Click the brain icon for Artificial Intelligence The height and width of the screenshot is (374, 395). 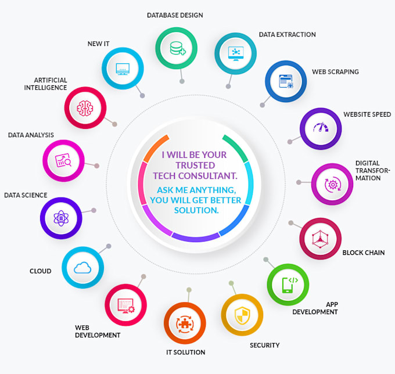[x=85, y=108]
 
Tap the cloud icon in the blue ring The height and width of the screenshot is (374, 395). [x=82, y=268]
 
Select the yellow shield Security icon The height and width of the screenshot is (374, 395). [x=242, y=315]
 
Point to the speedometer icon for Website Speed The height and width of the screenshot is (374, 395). [x=321, y=127]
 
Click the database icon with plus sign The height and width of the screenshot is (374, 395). [x=178, y=48]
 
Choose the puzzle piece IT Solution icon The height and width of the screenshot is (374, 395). [x=185, y=324]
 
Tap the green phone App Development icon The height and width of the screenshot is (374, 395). [x=290, y=285]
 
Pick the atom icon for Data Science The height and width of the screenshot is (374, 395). [x=61, y=218]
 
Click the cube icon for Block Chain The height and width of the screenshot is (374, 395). [x=320, y=239]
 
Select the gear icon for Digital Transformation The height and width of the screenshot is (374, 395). [x=333, y=185]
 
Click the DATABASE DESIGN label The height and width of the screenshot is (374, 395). [x=175, y=15]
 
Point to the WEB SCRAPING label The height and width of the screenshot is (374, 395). [x=335, y=72]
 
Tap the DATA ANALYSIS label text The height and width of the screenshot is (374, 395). [x=31, y=135]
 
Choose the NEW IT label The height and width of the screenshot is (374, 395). [x=99, y=44]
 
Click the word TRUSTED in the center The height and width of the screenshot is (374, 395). [x=195, y=165]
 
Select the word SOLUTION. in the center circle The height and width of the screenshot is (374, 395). [x=196, y=210]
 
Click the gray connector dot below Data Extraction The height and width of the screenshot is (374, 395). [x=228, y=87]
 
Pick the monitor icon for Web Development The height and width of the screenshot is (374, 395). [x=126, y=305]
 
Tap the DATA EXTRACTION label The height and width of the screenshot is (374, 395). [x=288, y=34]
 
